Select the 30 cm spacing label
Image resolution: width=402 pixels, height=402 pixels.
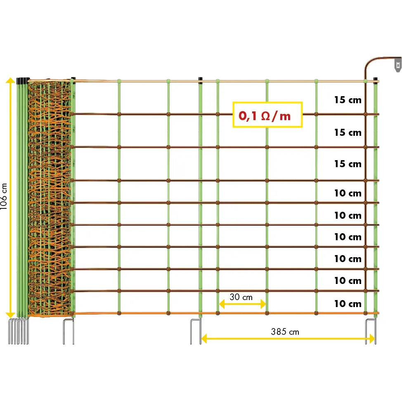tap(241, 297)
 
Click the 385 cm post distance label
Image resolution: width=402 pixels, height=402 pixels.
tap(285, 331)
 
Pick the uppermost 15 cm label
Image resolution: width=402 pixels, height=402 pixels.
tap(348, 100)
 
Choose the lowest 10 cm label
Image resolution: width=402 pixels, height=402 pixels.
tap(348, 304)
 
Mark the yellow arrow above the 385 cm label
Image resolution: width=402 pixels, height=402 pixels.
tap(288, 339)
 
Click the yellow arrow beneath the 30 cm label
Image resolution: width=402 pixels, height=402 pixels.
tap(242, 305)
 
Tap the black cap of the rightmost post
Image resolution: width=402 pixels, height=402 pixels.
tap(375, 79)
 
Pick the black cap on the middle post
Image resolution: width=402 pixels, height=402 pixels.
tap(200, 79)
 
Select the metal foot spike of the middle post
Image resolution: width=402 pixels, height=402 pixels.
tap(196, 330)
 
